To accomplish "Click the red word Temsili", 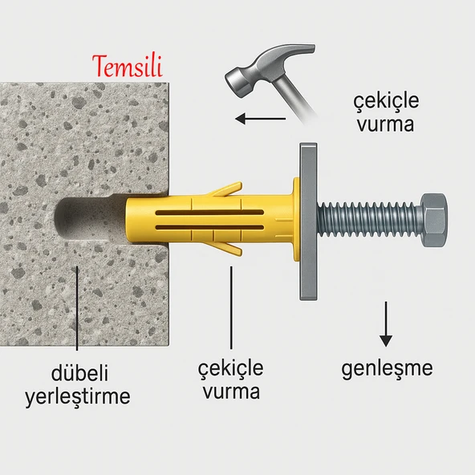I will (129, 65).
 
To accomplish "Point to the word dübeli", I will (77, 374).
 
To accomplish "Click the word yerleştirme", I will (77, 396).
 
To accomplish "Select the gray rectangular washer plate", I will (308, 221).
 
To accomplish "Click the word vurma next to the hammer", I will (386, 125).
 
